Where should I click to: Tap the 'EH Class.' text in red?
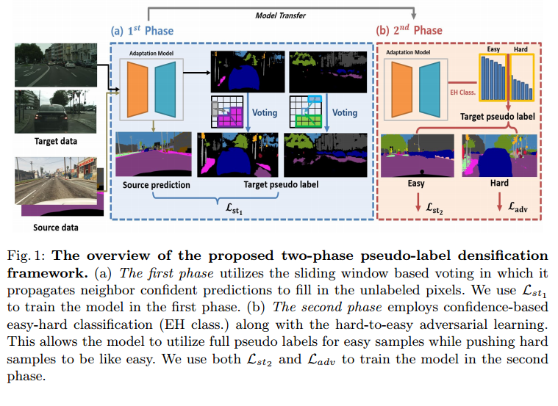tap(462, 93)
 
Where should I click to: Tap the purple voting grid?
tap(228, 112)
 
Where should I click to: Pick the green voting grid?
tap(307, 112)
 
